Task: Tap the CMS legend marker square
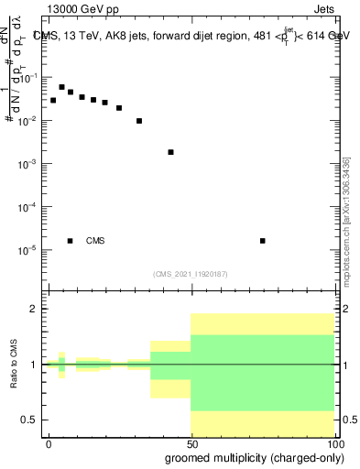[x=70, y=241]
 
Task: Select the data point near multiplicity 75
[x=263, y=241]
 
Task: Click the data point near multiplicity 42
[x=170, y=152]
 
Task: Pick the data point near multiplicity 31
[x=139, y=121]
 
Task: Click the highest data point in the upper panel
[x=61, y=87]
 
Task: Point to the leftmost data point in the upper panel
[x=53, y=100]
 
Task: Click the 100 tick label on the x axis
[x=333, y=443]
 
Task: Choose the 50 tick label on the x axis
[x=191, y=443]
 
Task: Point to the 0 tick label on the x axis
[x=49, y=443]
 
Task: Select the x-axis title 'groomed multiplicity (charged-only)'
[x=249, y=458]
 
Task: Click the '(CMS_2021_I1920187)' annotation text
[x=191, y=273]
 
